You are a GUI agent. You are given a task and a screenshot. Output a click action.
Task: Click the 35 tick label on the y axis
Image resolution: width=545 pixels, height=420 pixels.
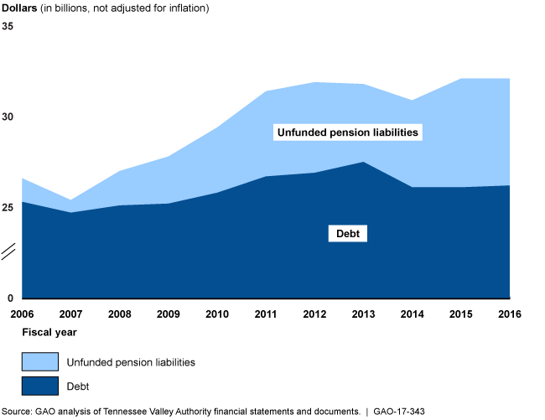(8, 27)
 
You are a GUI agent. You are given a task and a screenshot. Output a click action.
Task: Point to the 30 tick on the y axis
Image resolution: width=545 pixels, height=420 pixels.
(8, 117)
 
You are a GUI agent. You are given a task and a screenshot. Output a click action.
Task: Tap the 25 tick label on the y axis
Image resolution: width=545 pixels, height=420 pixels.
(8, 208)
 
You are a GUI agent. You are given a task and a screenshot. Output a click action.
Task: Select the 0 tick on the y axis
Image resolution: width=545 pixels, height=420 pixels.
(10, 298)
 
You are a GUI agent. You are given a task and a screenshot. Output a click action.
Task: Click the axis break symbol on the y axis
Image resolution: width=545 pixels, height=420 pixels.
(9, 251)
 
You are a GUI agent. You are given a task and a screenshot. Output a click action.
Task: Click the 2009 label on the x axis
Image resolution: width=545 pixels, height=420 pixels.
(169, 314)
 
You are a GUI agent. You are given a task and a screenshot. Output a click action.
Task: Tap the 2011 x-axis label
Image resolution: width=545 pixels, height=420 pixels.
(266, 314)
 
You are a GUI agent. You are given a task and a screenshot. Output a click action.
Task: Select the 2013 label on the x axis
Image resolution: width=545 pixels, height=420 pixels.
(363, 314)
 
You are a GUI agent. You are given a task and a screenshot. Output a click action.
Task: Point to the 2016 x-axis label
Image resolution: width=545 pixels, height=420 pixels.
(509, 314)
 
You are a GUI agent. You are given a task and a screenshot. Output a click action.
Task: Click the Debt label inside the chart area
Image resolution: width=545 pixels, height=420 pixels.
(348, 234)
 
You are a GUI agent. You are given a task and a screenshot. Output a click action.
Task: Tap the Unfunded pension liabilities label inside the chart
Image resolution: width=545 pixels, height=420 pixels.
(347, 132)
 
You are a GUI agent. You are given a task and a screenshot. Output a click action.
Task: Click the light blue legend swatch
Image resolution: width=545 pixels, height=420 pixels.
(40, 361)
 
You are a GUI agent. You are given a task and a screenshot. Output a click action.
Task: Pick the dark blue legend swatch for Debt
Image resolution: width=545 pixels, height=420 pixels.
(40, 386)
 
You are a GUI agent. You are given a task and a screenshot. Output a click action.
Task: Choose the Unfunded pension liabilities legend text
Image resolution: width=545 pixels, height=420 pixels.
(130, 362)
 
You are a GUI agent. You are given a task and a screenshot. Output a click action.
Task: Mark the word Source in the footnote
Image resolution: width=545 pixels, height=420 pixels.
(18, 412)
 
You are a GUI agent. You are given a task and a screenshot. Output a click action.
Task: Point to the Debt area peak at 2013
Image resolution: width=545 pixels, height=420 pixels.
(363, 162)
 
